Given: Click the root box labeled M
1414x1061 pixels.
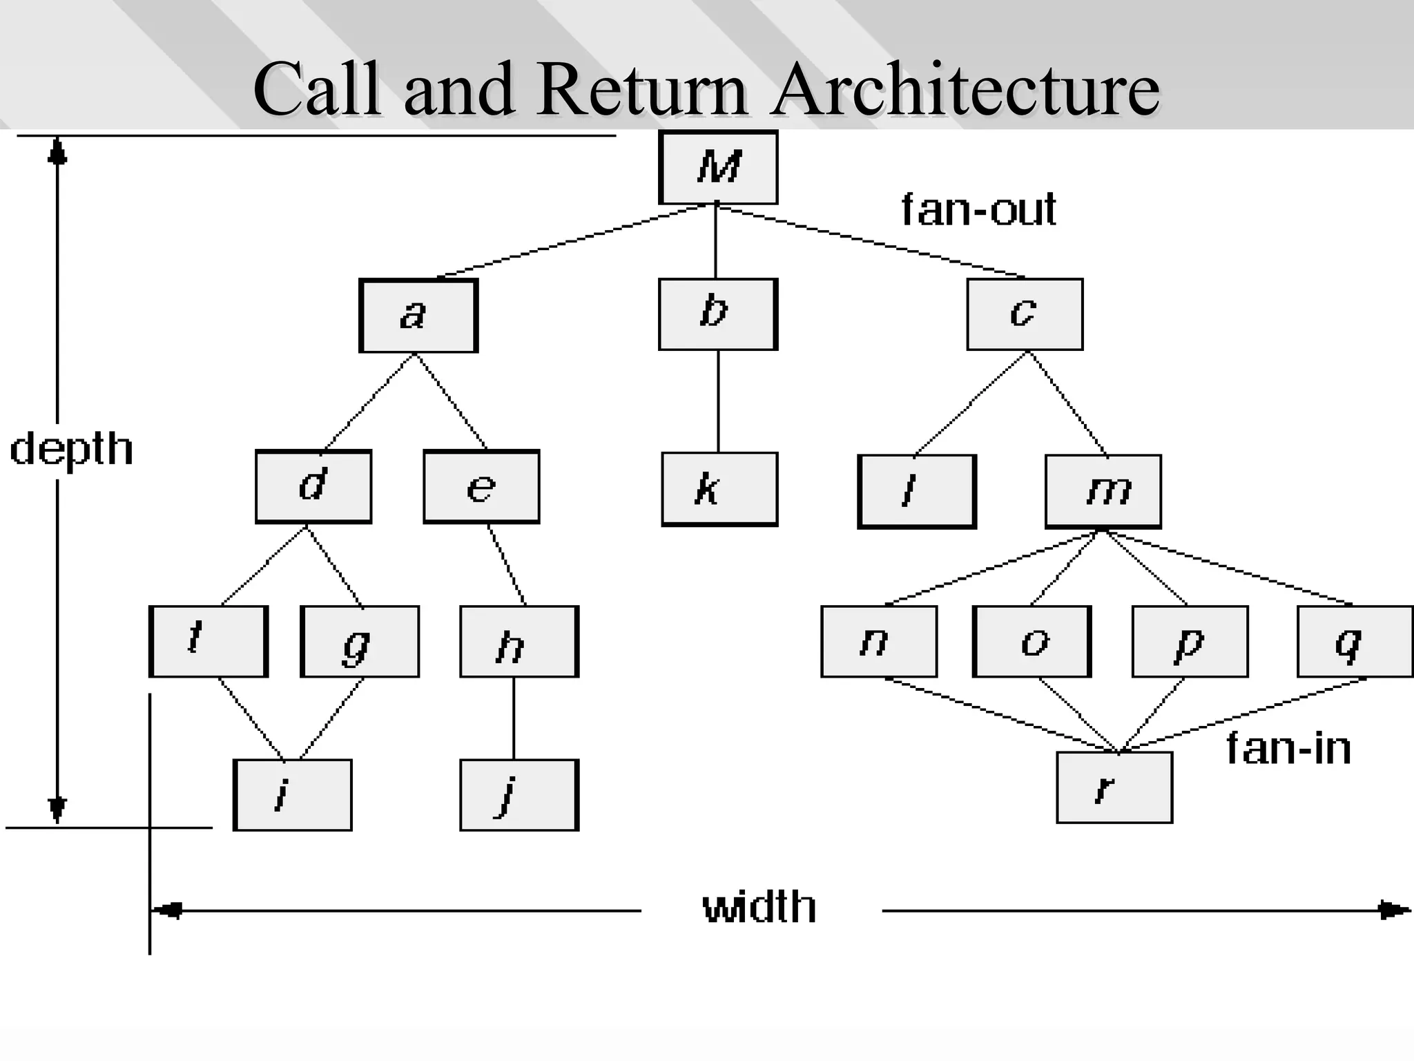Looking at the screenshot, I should (718, 167).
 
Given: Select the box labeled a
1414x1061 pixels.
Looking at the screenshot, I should (418, 316).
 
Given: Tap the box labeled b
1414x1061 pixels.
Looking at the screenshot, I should (718, 314).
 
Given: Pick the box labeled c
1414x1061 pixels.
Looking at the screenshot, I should (1025, 314).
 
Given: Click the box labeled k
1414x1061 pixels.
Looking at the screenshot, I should (719, 489).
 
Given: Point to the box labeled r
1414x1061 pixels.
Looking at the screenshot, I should (1114, 787).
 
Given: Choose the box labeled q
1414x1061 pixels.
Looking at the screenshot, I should (1355, 642).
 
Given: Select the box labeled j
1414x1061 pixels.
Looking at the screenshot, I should (519, 795).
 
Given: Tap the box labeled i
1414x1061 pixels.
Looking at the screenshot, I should (293, 795).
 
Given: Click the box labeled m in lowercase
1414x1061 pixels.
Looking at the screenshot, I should (1103, 491).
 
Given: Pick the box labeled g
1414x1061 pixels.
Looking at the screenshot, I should (360, 642).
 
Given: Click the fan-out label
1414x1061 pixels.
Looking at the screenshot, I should (978, 210).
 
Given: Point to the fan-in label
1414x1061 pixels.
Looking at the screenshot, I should (1288, 749).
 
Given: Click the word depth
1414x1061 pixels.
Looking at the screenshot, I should (71, 450).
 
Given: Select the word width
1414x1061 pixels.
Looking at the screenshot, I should (759, 908).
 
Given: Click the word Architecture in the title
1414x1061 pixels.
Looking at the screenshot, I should (965, 90).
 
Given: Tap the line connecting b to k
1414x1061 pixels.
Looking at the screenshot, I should (718, 401).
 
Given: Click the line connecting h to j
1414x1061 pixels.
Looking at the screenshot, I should (513, 718).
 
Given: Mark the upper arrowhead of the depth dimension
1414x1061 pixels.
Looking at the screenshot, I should (57, 150).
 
